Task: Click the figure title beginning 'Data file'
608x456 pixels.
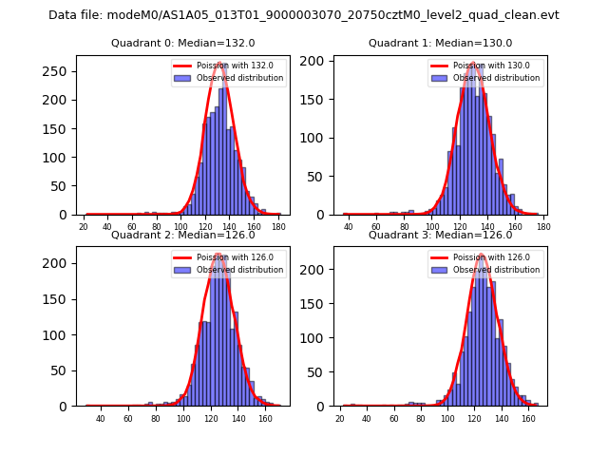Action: point(304,15)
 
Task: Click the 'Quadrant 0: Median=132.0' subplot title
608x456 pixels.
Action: point(183,43)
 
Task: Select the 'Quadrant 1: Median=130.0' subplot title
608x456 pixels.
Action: point(440,43)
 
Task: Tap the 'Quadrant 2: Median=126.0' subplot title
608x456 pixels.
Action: point(183,235)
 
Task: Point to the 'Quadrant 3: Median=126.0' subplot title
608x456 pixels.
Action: point(440,235)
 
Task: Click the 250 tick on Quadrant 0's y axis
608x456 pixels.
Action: point(61,71)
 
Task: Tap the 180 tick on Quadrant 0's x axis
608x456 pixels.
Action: point(277,227)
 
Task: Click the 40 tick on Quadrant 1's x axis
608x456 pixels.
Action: point(349,227)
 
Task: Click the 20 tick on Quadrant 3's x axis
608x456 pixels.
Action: point(340,418)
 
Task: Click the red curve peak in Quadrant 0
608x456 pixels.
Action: point(220,64)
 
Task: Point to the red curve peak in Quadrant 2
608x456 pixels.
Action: point(218,255)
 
